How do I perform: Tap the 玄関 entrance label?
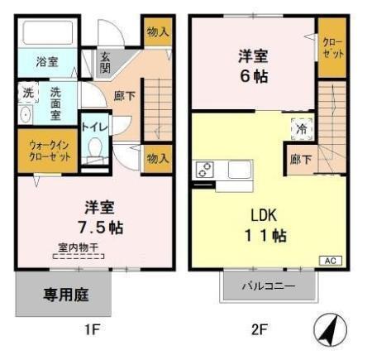pos(106,63)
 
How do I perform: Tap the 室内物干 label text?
pos(79,246)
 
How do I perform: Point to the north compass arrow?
pos(330,333)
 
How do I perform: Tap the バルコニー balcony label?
pos(268,286)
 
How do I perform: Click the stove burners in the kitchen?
pos(204,170)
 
